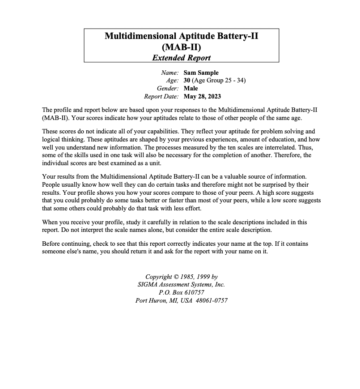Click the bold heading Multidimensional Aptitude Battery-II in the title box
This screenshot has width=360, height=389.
click(181, 36)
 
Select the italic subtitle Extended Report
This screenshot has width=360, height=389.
click(181, 57)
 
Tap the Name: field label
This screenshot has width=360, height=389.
click(170, 73)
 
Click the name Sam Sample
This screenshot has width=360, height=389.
click(201, 73)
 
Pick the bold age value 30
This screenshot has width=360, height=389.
click(187, 81)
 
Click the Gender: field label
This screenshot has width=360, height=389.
click(168, 89)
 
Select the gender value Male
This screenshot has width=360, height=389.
click(191, 89)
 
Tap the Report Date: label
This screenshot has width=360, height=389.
click(161, 97)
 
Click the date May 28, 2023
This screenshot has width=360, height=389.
click(202, 97)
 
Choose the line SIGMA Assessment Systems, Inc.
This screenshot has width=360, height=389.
click(181, 285)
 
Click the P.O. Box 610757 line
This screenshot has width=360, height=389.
click(181, 293)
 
